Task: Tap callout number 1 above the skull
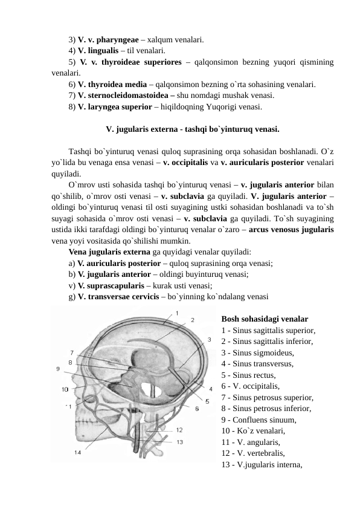[176, 313]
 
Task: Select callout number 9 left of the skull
[58, 368]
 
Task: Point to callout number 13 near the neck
[180, 442]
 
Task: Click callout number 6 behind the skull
[196, 409]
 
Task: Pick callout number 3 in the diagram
[209, 340]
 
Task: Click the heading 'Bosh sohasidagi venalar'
[265, 319]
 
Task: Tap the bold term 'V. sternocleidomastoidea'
[124, 96]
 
